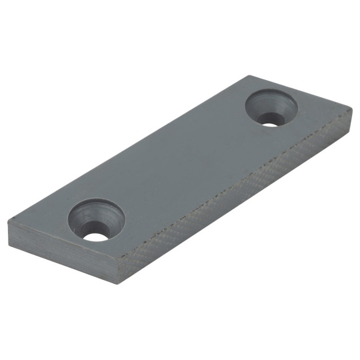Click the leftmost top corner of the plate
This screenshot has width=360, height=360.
pyautogui.click(x=8, y=223)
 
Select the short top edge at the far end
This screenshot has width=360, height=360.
pyautogui.click(x=300, y=92)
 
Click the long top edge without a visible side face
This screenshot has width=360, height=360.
pyautogui.click(x=129, y=149)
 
